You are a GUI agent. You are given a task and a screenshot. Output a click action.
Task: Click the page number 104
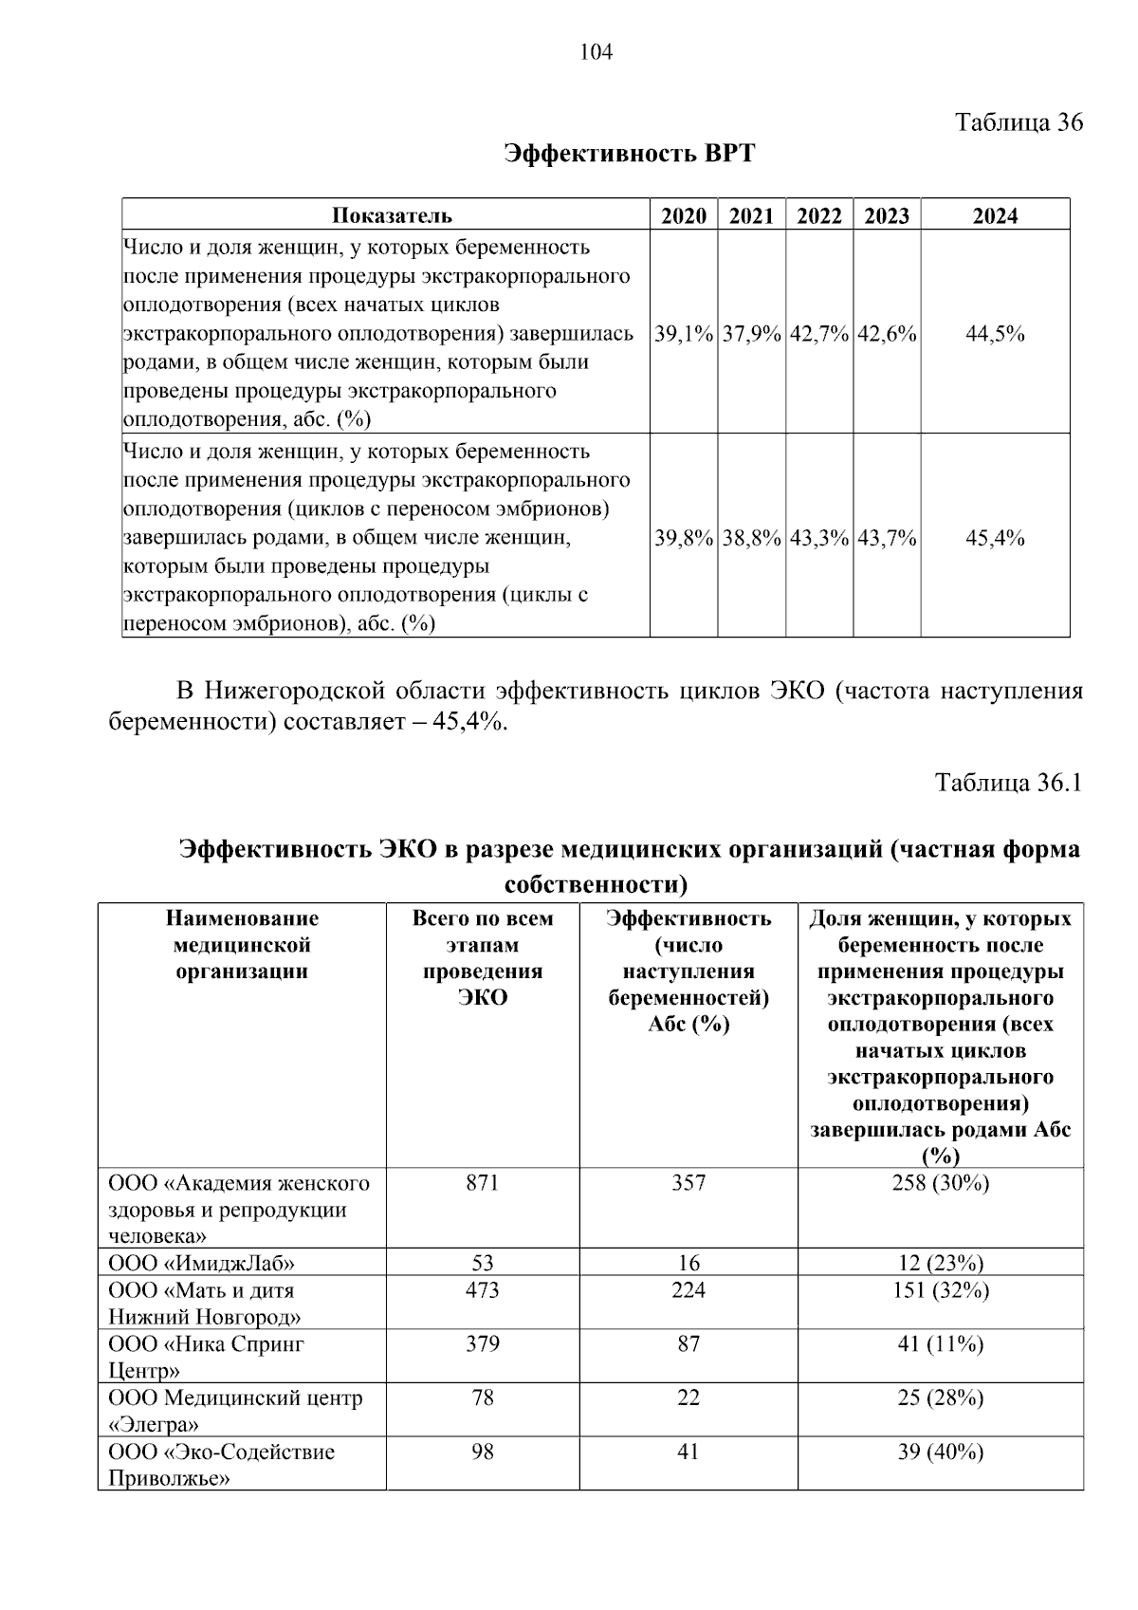point(596,53)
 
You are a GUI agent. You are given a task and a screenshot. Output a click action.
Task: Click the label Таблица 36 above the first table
point(1018,122)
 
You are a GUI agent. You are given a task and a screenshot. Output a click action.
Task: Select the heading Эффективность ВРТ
point(629,154)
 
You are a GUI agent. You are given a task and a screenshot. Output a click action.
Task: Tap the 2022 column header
point(819,215)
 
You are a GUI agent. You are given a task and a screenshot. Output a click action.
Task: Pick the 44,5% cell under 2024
point(995,334)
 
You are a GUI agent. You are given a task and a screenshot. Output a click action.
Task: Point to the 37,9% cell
point(751,334)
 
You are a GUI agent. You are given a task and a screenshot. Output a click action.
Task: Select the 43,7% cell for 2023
point(887,538)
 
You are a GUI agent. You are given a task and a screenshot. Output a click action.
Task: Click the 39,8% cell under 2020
point(683,538)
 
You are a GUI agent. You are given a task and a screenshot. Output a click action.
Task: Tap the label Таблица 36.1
point(1008,783)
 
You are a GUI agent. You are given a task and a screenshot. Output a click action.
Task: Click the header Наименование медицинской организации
point(242,945)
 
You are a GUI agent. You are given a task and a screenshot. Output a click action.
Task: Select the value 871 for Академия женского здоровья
point(483,1183)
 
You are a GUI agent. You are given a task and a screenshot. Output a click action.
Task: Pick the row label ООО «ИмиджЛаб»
point(201,1263)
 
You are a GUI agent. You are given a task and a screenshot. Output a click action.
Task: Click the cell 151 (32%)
point(940,1290)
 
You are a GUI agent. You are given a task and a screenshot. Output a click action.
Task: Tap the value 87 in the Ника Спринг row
point(688,1344)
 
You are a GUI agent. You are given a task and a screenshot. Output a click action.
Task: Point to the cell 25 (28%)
point(940,1397)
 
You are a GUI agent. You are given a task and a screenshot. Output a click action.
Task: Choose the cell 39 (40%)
point(940,1452)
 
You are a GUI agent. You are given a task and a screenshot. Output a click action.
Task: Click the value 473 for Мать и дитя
point(483,1290)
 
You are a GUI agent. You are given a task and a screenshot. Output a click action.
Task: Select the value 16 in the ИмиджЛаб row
point(688,1263)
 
